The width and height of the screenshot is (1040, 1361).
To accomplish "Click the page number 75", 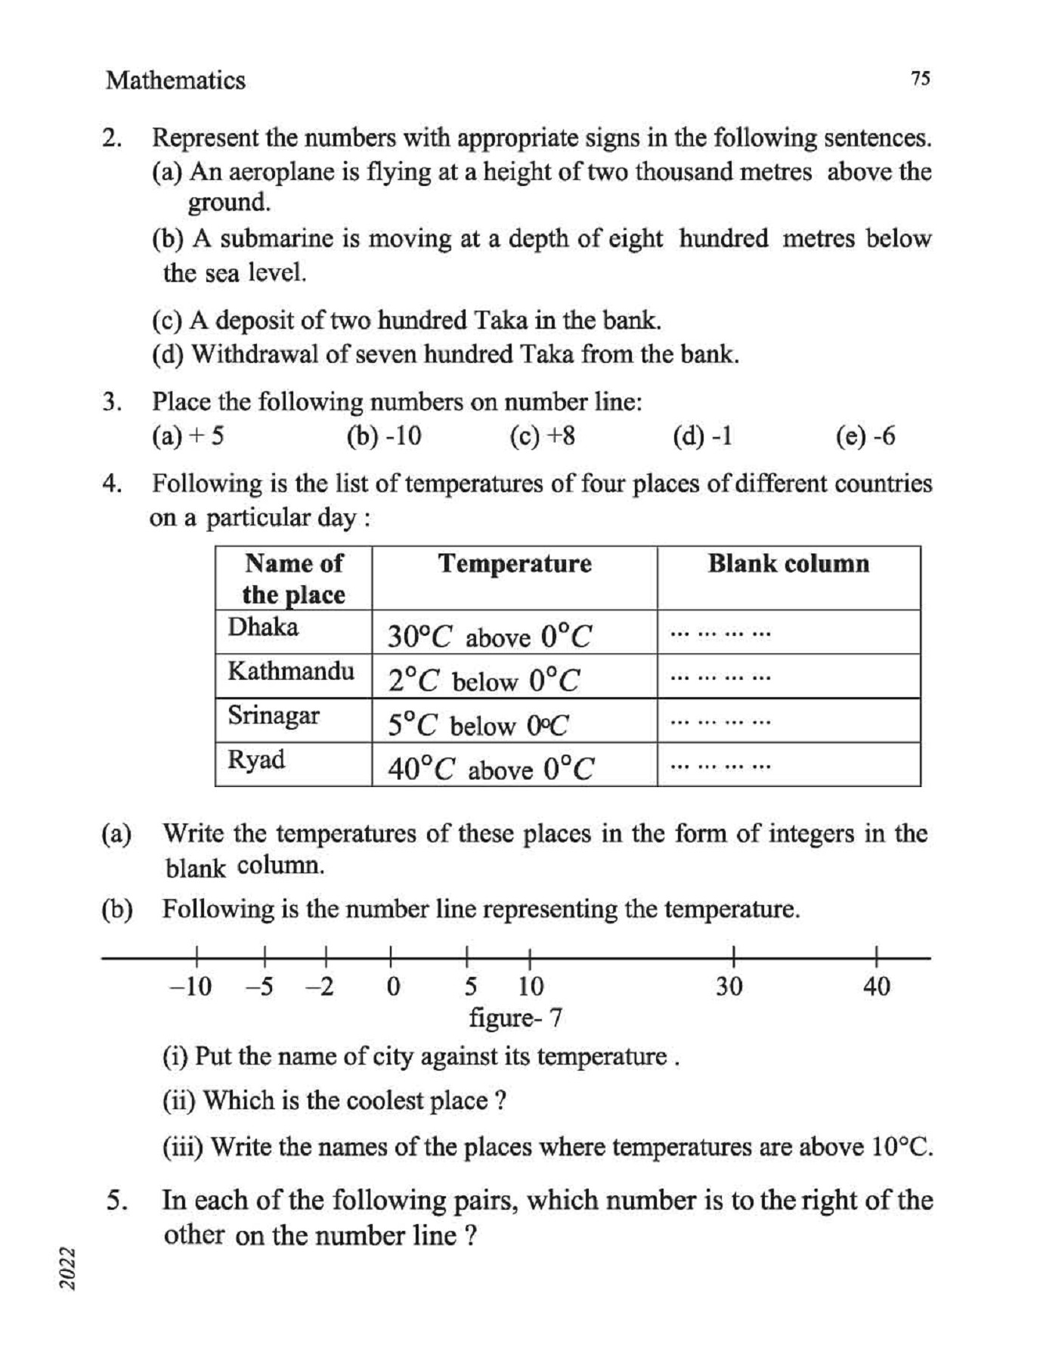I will point(920,79).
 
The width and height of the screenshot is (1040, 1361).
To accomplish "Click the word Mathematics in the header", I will point(175,80).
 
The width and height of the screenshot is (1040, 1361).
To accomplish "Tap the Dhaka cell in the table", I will point(263,628).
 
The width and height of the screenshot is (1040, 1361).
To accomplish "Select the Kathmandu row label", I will point(291,671).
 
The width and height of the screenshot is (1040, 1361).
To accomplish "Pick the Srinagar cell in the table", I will point(274,715).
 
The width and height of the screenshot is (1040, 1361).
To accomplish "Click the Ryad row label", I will point(256,759).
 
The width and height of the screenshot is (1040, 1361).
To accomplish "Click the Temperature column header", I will point(515,564).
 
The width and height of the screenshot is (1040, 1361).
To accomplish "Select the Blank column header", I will point(788,564).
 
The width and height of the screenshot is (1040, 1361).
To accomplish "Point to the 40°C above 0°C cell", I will point(491,769).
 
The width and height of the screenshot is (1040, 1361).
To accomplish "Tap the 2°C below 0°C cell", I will point(484,681).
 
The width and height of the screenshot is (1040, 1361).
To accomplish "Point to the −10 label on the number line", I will point(190,987).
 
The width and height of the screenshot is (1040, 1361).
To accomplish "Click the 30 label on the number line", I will point(729,987).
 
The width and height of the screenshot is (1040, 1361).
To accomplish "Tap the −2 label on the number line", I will point(320,987).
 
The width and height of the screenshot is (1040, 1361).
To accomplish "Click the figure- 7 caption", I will point(515,1018).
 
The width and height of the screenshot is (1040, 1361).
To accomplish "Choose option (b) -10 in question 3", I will point(384,436).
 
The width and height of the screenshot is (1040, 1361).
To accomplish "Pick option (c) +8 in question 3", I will point(543,436).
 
